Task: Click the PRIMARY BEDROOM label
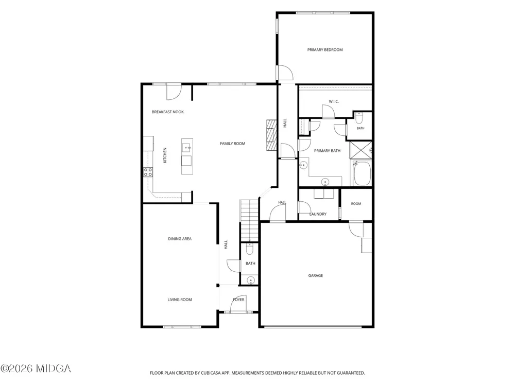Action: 325,50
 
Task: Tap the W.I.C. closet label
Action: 334,102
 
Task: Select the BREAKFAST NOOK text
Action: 168,112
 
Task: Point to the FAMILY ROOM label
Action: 233,144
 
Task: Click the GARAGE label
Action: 316,276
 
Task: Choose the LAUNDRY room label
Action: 318,214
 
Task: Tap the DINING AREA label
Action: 180,239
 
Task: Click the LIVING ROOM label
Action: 180,300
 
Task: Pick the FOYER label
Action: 239,300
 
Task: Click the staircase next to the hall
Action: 249,221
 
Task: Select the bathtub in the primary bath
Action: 362,173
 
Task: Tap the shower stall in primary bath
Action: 360,150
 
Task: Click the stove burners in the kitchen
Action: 148,172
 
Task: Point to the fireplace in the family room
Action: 271,135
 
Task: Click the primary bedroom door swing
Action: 285,73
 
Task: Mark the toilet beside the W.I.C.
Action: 359,117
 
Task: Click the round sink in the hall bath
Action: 251,280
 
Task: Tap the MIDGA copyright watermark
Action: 36,369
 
